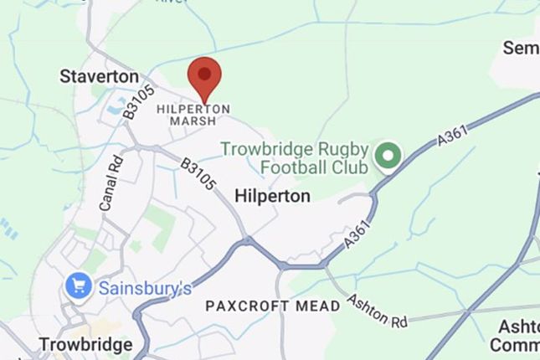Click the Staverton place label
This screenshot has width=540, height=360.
pyautogui.click(x=99, y=76)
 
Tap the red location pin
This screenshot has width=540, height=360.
pyautogui.click(x=204, y=79)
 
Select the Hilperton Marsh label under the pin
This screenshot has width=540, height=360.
pyautogui.click(x=193, y=115)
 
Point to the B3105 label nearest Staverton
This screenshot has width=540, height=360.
pyautogui.click(x=139, y=100)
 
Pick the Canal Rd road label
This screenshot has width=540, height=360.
pyautogui.click(x=111, y=182)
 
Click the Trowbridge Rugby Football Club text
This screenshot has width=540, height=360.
pyautogui.click(x=295, y=157)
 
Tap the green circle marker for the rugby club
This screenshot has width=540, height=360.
pyautogui.click(x=387, y=155)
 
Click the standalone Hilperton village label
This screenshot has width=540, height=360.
pyautogui.click(x=273, y=196)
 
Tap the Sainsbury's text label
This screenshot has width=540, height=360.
pyautogui.click(x=146, y=288)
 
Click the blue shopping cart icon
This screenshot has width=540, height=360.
pyautogui.click(x=79, y=286)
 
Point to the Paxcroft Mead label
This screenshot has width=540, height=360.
pyautogui.click(x=273, y=306)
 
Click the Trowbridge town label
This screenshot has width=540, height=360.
pyautogui.click(x=85, y=344)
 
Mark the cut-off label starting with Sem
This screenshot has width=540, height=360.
pyautogui.click(x=521, y=48)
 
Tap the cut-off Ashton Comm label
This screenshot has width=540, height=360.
pyautogui.click(x=514, y=335)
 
